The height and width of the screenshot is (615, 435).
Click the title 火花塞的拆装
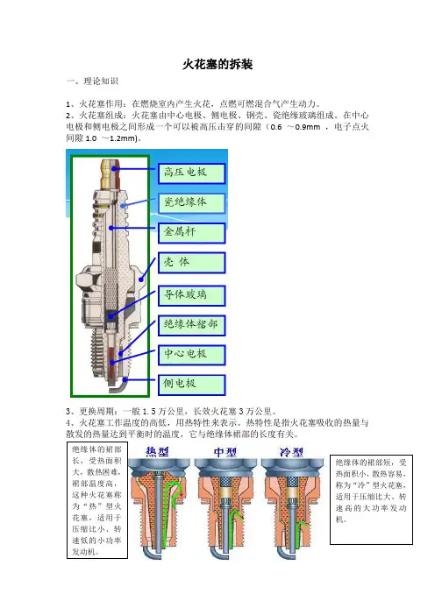pos(217,64)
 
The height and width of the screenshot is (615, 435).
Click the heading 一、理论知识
pos(93,81)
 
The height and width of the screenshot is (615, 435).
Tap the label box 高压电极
pos(191,173)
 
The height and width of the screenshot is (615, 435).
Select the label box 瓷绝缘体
pos(191,203)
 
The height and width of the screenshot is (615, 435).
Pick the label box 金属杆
pos(191,233)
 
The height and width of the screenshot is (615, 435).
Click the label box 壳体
pos(191,263)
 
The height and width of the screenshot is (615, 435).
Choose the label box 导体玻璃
pos(191,295)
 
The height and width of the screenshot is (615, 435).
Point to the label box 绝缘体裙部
pos(191,325)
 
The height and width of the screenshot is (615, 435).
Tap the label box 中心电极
pos(191,355)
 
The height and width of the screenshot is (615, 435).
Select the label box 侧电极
pos(191,385)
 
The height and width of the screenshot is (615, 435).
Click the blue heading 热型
pos(157,451)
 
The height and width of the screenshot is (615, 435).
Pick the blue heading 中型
pos(225,452)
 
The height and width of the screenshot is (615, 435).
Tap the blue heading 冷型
pos(291,452)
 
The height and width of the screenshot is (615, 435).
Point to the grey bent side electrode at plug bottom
pos(117,388)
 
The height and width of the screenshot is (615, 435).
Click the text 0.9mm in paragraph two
pos(308,127)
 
